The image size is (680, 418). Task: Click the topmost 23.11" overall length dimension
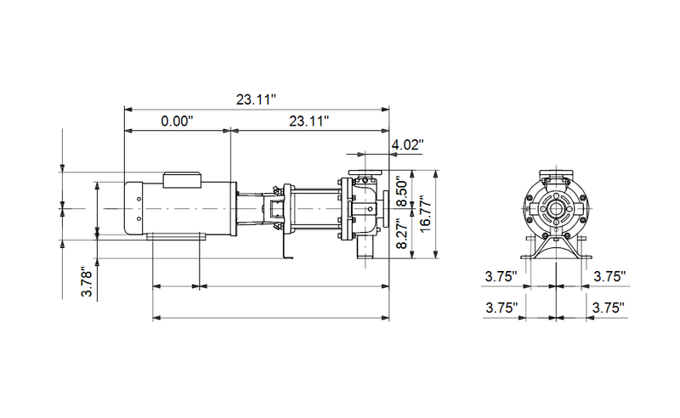pos(257,99)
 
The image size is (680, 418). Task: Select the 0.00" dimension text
pos(178,121)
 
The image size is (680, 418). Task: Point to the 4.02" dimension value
pos(407,145)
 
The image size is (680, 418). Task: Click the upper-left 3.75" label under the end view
pos(502,276)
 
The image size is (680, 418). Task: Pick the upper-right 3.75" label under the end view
pos(609,276)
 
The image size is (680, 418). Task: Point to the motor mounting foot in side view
pos(174,238)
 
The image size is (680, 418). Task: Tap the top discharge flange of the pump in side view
pos(365,176)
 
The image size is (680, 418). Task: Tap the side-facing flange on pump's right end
pos(387,208)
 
